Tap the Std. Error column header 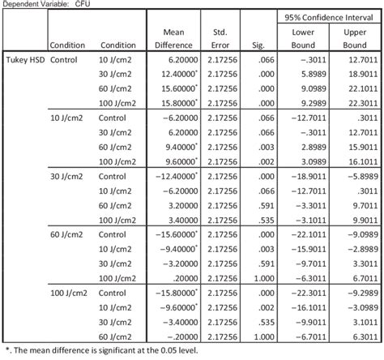point(219,38)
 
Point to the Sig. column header point(259,45)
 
